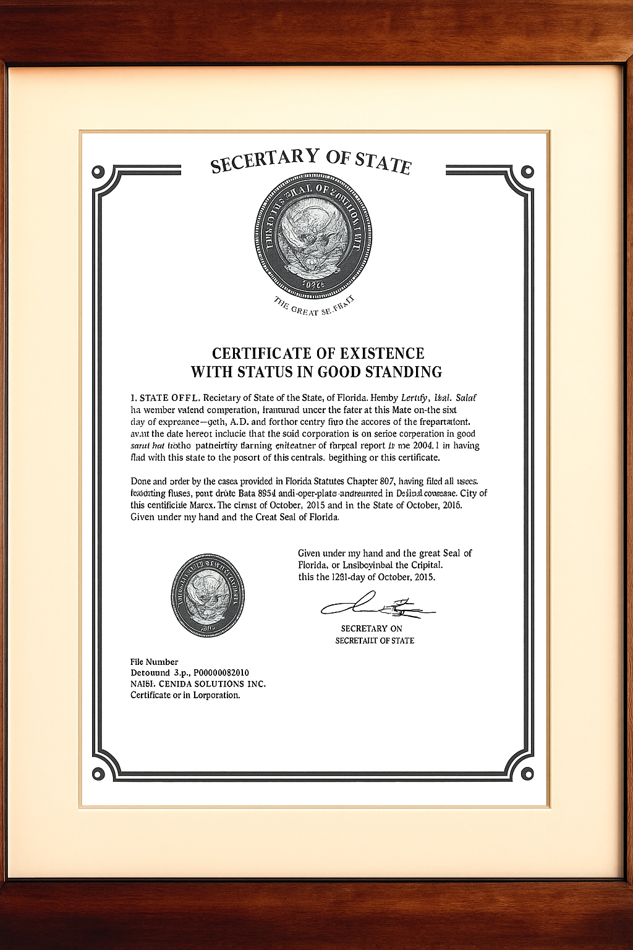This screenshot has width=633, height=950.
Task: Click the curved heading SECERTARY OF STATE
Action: [310, 161]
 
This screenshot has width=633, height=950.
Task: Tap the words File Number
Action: [154, 662]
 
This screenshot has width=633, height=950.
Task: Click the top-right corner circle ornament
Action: [527, 172]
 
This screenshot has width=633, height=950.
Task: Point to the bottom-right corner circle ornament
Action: [527, 774]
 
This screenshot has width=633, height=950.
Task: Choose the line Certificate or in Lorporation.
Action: [185, 695]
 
